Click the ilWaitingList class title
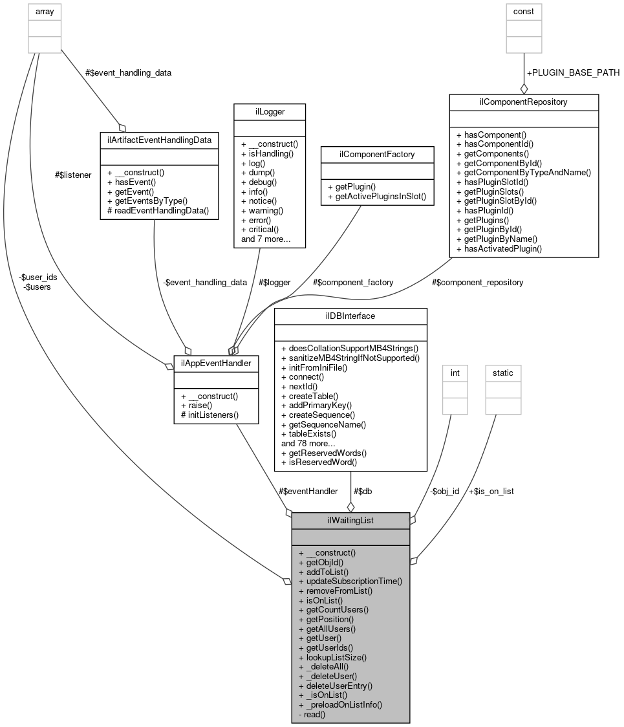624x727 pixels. click(x=350, y=520)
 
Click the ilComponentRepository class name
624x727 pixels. click(x=523, y=102)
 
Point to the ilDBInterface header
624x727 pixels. click(x=350, y=316)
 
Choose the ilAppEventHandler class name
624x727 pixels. click(x=216, y=363)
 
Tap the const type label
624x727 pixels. click(x=524, y=11)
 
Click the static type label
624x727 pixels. click(x=503, y=373)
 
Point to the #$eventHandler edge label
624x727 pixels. click(x=307, y=491)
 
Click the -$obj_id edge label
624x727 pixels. click(x=444, y=491)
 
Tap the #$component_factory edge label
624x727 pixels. click(x=353, y=282)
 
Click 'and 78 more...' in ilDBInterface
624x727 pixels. click(x=308, y=443)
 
